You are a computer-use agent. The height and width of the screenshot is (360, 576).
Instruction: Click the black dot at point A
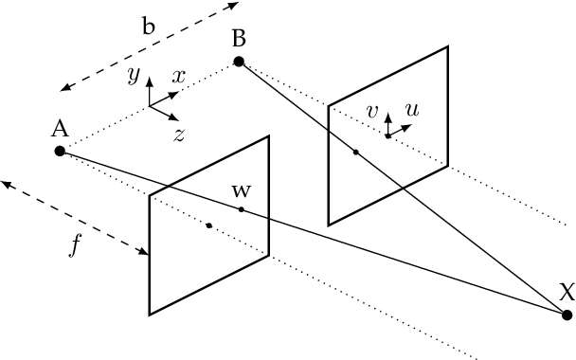[60, 152]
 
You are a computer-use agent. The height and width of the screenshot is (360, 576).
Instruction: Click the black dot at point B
[239, 63]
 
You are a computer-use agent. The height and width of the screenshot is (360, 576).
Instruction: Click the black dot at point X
[566, 314]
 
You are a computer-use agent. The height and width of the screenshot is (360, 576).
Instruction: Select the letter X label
[566, 292]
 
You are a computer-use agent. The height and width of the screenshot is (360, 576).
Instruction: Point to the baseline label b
[149, 27]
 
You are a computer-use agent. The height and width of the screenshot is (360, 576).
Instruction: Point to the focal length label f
[76, 246]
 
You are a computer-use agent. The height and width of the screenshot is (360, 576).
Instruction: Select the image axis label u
[411, 110]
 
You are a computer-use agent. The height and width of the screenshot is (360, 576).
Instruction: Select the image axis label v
[372, 112]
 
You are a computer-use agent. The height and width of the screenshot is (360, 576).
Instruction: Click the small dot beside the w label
[242, 209]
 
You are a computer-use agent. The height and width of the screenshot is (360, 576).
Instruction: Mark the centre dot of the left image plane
[208, 225]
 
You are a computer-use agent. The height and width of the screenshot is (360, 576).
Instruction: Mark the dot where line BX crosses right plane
[355, 153]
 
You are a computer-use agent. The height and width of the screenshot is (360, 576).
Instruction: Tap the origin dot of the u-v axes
[387, 136]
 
